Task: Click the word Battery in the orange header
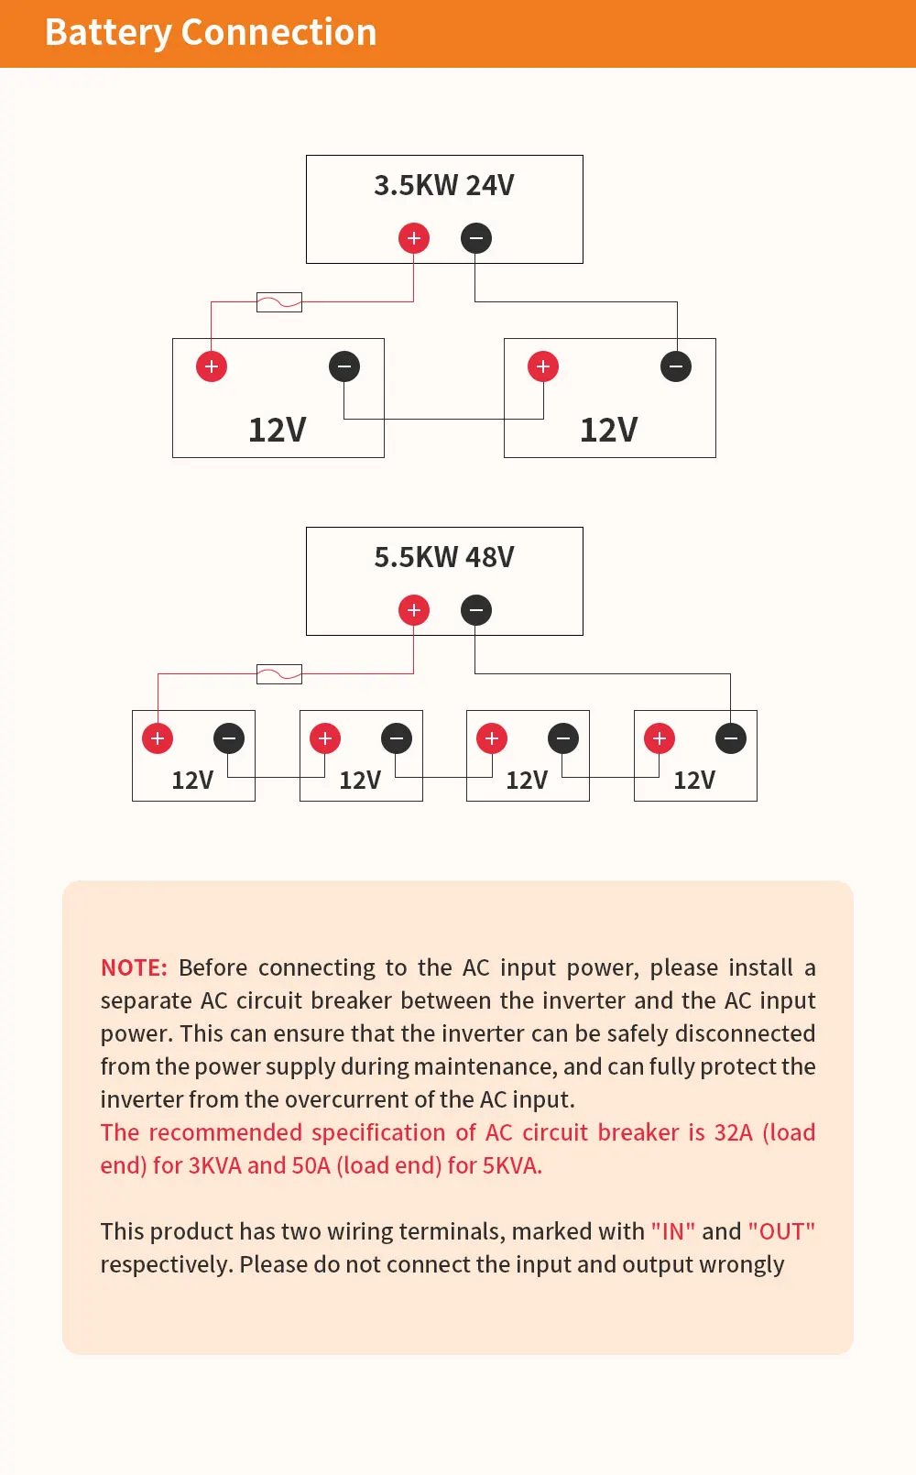pyautogui.click(x=108, y=33)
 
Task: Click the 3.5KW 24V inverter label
pyautogui.click(x=444, y=185)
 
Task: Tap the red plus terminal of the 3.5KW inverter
pyautogui.click(x=414, y=238)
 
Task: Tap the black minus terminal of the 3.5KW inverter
pyautogui.click(x=476, y=238)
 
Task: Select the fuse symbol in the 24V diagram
pyautogui.click(x=279, y=302)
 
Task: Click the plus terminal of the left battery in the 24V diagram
pyautogui.click(x=212, y=366)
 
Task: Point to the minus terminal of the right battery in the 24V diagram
pyautogui.click(x=676, y=366)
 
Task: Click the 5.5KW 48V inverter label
pyautogui.click(x=444, y=557)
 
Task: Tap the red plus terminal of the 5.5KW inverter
pyautogui.click(x=414, y=610)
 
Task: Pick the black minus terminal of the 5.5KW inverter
pyautogui.click(x=476, y=610)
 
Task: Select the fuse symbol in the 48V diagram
pyautogui.click(x=279, y=674)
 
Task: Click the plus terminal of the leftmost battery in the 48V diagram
pyautogui.click(x=158, y=738)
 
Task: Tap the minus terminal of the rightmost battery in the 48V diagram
pyautogui.click(x=731, y=738)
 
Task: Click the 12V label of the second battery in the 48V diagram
pyautogui.click(x=360, y=781)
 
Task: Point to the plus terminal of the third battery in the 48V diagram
pyautogui.click(x=492, y=738)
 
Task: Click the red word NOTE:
pyautogui.click(x=134, y=968)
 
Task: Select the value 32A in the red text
pyautogui.click(x=733, y=1133)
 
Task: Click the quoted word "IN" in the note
pyautogui.click(x=673, y=1232)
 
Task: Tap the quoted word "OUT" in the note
pyautogui.click(x=781, y=1232)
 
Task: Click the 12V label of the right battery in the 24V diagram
pyautogui.click(x=609, y=430)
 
